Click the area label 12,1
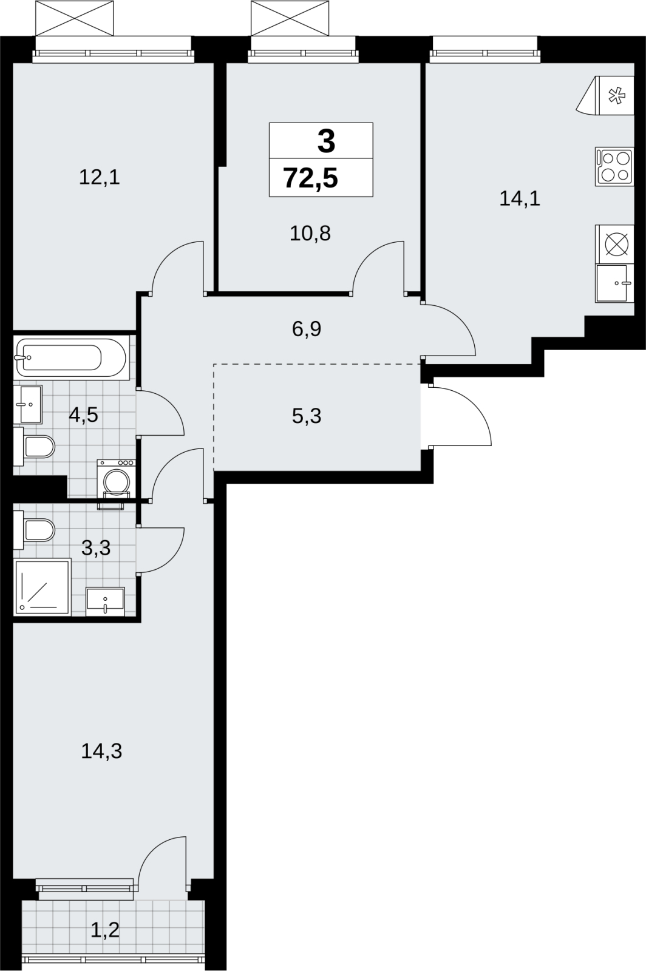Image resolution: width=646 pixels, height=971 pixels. pyautogui.click(x=100, y=178)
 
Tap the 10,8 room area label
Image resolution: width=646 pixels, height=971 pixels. pyautogui.click(x=310, y=234)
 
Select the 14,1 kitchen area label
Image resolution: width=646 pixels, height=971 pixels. pyautogui.click(x=520, y=199)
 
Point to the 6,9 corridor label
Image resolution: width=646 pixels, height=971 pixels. pyautogui.click(x=307, y=330)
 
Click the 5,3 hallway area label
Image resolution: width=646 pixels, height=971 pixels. pyautogui.click(x=307, y=416)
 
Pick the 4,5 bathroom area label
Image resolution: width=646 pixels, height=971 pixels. pyautogui.click(x=84, y=415)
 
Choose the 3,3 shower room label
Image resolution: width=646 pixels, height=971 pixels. pyautogui.click(x=96, y=548)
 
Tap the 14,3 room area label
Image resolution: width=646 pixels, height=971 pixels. pyautogui.click(x=101, y=751)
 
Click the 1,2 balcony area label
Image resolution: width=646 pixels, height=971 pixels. pyautogui.click(x=105, y=929)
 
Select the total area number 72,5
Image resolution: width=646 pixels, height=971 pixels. pyautogui.click(x=310, y=178)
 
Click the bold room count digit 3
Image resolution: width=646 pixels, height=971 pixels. pyautogui.click(x=327, y=142)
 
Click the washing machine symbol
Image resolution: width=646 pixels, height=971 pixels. pyautogui.click(x=116, y=479)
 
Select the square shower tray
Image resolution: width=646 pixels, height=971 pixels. pyautogui.click(x=42, y=587)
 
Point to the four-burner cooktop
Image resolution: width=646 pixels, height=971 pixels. pyautogui.click(x=614, y=167)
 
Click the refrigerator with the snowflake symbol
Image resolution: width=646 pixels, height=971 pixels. pyautogui.click(x=605, y=95)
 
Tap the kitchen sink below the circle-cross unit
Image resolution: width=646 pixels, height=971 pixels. pyautogui.click(x=614, y=283)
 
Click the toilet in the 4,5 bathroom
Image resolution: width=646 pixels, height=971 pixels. pyautogui.click(x=34, y=447)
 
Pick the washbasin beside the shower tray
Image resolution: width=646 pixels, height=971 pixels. pyautogui.click(x=106, y=601)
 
